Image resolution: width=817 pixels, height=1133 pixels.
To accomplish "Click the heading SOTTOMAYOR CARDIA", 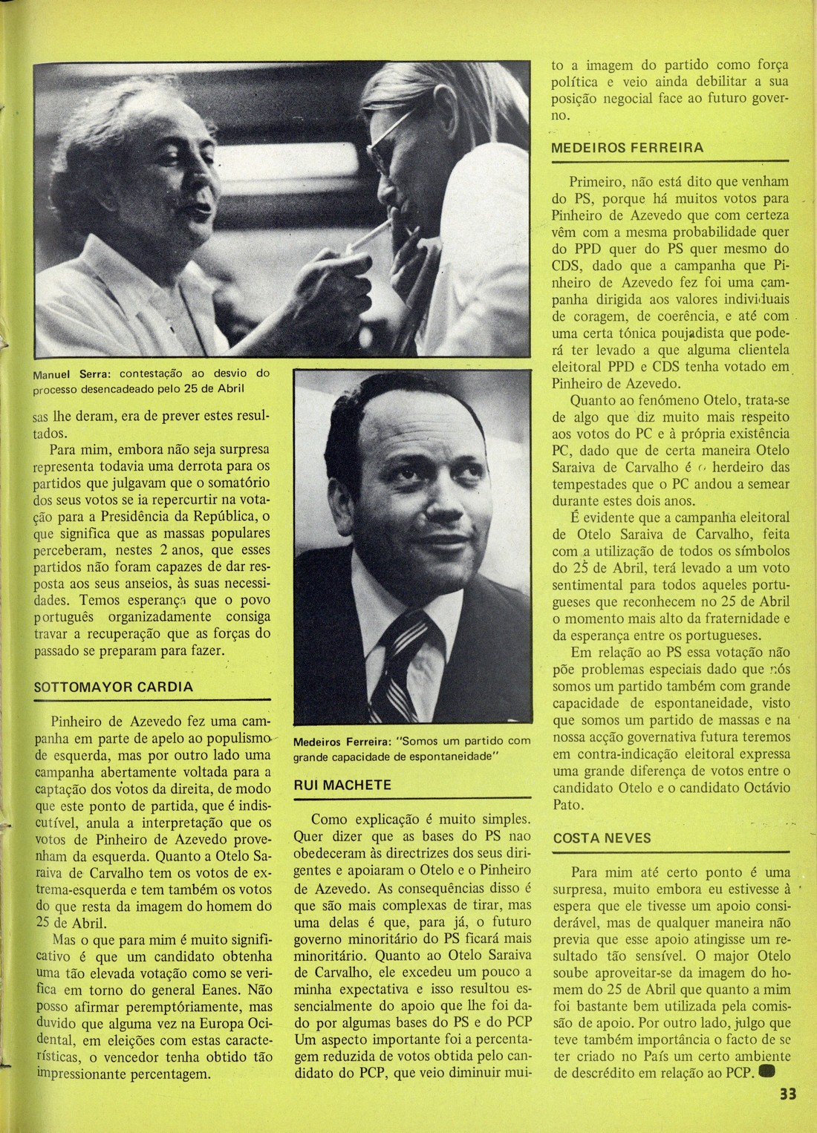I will click(114, 687).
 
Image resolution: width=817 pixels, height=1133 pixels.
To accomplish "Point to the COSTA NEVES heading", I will click(602, 837).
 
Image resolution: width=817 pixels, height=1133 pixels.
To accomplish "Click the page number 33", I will click(787, 1114).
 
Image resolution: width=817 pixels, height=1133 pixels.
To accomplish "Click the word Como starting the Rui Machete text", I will click(331, 820).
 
